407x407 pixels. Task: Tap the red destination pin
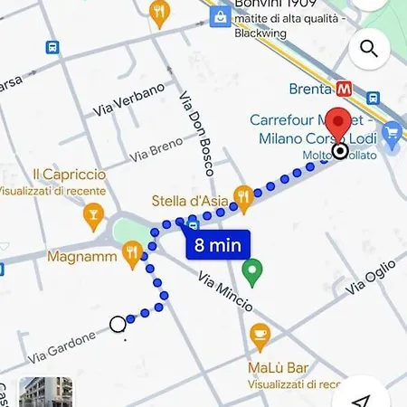[x=339, y=124]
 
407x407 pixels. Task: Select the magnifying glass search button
[x=368, y=48]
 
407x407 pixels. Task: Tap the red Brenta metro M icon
[x=344, y=90]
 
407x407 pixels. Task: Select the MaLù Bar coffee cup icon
[x=260, y=336]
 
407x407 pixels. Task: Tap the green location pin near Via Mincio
[x=253, y=269]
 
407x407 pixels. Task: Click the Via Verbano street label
[x=128, y=99]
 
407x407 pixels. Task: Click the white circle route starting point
[x=118, y=324]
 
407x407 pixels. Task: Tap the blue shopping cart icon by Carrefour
[x=392, y=136]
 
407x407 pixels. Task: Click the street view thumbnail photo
[x=46, y=393]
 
